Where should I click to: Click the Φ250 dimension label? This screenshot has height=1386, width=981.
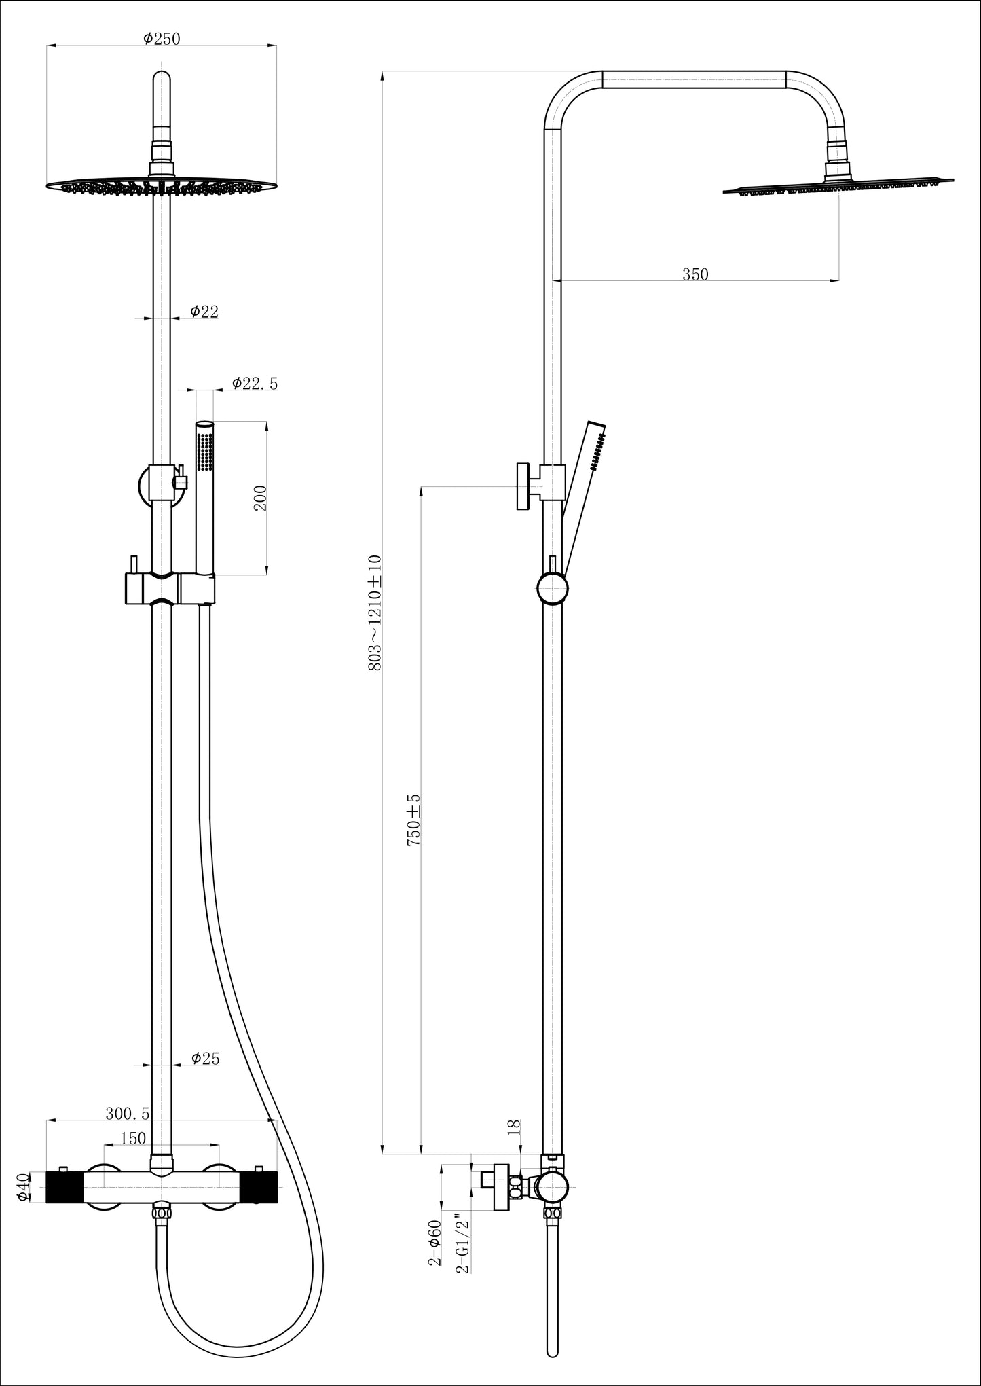pyautogui.click(x=162, y=39)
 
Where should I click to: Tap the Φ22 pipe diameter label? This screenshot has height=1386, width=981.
pyautogui.click(x=204, y=311)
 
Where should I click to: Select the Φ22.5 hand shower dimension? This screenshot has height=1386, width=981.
pyautogui.click(x=255, y=383)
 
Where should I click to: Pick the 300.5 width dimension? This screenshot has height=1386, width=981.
pyautogui.click(x=128, y=1114)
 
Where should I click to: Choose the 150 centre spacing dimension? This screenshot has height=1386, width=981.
pyautogui.click(x=134, y=1138)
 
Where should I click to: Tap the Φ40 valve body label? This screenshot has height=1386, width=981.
pyautogui.click(x=23, y=1187)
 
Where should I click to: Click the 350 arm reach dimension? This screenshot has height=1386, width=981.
pyautogui.click(x=695, y=274)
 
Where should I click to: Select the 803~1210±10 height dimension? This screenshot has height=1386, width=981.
pyautogui.click(x=375, y=613)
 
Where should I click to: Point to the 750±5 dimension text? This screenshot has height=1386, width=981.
pyautogui.click(x=413, y=820)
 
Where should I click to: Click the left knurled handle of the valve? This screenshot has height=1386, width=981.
pyautogui.click(x=65, y=1186)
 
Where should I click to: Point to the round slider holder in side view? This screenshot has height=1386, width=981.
pyautogui.click(x=552, y=588)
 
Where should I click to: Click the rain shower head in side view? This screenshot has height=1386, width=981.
pyautogui.click(x=838, y=183)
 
